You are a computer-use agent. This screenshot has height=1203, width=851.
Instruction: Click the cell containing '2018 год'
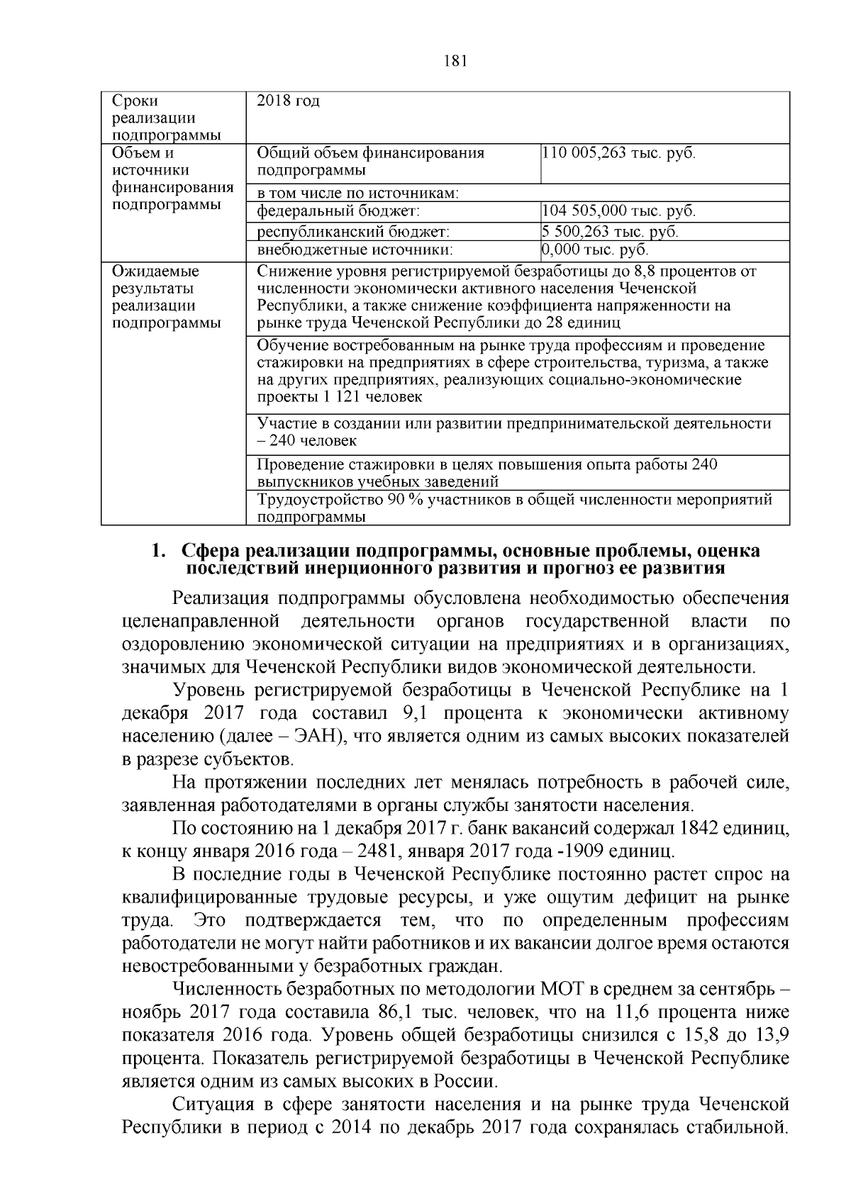(288, 101)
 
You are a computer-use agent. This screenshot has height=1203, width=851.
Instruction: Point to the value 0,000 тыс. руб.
(595, 250)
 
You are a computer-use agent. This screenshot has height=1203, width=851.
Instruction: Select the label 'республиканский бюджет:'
(353, 232)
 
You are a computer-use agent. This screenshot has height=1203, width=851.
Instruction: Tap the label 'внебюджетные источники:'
(355, 250)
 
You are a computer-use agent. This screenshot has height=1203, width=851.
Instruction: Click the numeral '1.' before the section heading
(160, 552)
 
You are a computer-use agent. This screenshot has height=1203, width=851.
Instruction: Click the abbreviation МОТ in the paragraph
(564, 989)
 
